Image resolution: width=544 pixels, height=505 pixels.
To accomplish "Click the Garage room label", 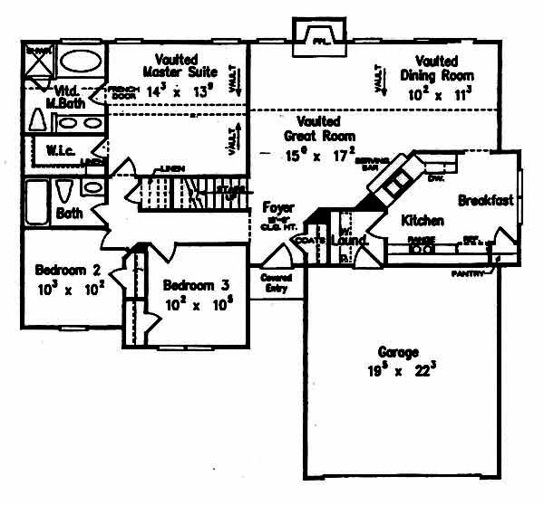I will coord(401,351).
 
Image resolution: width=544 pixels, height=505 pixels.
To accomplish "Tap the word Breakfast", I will coord(486,200).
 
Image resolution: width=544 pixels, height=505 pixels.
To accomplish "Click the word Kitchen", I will coord(423,220).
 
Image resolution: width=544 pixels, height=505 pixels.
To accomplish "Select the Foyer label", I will coord(277,207).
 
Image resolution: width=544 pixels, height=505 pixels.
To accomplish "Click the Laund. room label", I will coord(350,241).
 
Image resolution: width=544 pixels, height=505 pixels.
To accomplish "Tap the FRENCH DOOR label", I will coord(121,91).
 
